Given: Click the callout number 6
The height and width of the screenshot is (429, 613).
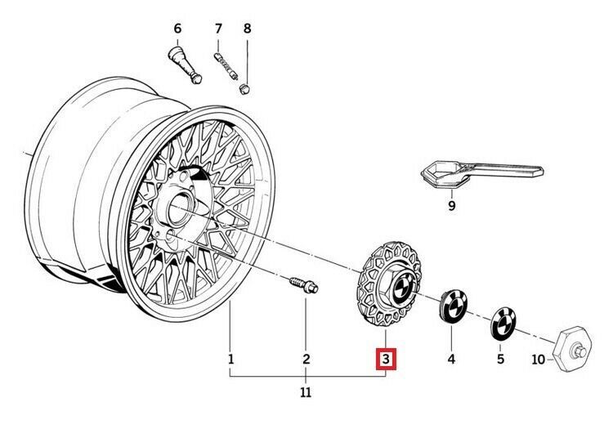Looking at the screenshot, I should pyautogui.click(x=177, y=29).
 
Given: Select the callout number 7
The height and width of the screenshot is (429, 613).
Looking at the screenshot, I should pyautogui.click(x=218, y=29).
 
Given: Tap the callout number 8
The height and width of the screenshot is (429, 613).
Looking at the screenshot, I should pyautogui.click(x=248, y=29).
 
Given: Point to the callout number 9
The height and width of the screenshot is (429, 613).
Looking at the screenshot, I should pyautogui.click(x=451, y=205).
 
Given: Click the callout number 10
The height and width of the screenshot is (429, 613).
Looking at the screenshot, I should pyautogui.click(x=537, y=359).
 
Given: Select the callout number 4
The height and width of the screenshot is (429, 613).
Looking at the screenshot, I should pyautogui.click(x=450, y=359).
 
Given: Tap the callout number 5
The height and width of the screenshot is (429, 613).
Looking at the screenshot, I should pyautogui.click(x=500, y=359).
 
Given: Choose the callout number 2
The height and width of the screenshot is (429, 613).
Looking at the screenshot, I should pyautogui.click(x=306, y=359).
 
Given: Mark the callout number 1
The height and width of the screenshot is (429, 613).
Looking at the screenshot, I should pyautogui.click(x=230, y=359).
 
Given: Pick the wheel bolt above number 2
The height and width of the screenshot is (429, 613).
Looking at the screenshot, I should pyautogui.click(x=305, y=286).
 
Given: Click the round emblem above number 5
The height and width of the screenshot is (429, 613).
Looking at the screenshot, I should pyautogui.click(x=503, y=323).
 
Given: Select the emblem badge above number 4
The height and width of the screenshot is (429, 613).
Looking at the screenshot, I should pyautogui.click(x=451, y=306).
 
